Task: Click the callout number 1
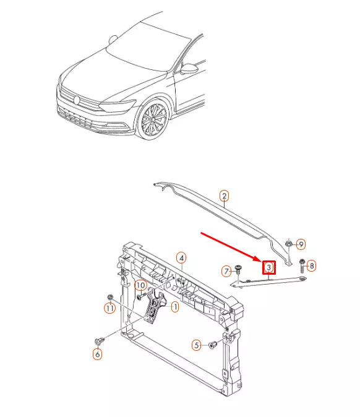click(x=175, y=306)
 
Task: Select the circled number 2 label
click(x=225, y=196)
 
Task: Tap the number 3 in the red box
click(x=269, y=267)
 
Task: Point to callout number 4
click(x=181, y=257)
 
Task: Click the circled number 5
click(x=197, y=345)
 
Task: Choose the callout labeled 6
click(x=97, y=355)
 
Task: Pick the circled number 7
click(x=227, y=271)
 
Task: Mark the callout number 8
click(x=311, y=266)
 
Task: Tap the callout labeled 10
click(x=140, y=285)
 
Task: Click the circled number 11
click(x=109, y=308)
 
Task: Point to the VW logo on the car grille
click(x=77, y=100)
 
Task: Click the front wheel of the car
click(x=153, y=121)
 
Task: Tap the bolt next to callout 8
click(x=301, y=265)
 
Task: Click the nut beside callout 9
click(x=289, y=246)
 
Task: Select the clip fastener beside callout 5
click(x=213, y=344)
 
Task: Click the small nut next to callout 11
click(x=110, y=296)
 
